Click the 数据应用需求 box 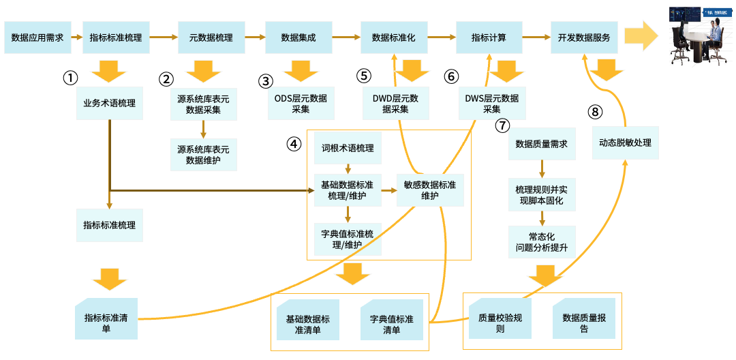click(x=37, y=37)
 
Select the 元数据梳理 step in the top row click(x=211, y=37)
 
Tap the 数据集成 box click(x=298, y=37)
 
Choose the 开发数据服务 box click(x=584, y=37)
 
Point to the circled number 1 click(x=70, y=78)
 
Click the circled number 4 click(x=293, y=144)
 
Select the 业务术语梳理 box click(x=109, y=104)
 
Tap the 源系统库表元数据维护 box click(x=203, y=155)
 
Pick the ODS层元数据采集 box click(x=301, y=104)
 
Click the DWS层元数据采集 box click(x=491, y=104)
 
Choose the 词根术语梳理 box click(x=348, y=148)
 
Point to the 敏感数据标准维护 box click(x=430, y=190)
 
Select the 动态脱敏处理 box click(x=625, y=142)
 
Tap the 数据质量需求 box click(x=542, y=144)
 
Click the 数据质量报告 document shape click(x=584, y=318)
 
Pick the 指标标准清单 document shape click(x=106, y=318)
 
